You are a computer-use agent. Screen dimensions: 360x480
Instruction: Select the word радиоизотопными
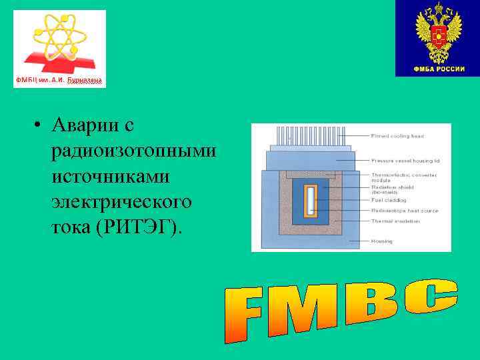pos(134,151)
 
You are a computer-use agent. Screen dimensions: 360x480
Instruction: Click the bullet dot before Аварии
pos(39,125)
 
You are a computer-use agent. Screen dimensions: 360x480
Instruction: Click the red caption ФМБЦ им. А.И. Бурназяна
pos(59,81)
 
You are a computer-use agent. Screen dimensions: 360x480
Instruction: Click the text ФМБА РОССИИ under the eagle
pos(438,69)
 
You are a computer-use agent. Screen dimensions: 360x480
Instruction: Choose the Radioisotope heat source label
pos(404,210)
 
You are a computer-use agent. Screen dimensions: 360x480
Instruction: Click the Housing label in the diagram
pos(382,241)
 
